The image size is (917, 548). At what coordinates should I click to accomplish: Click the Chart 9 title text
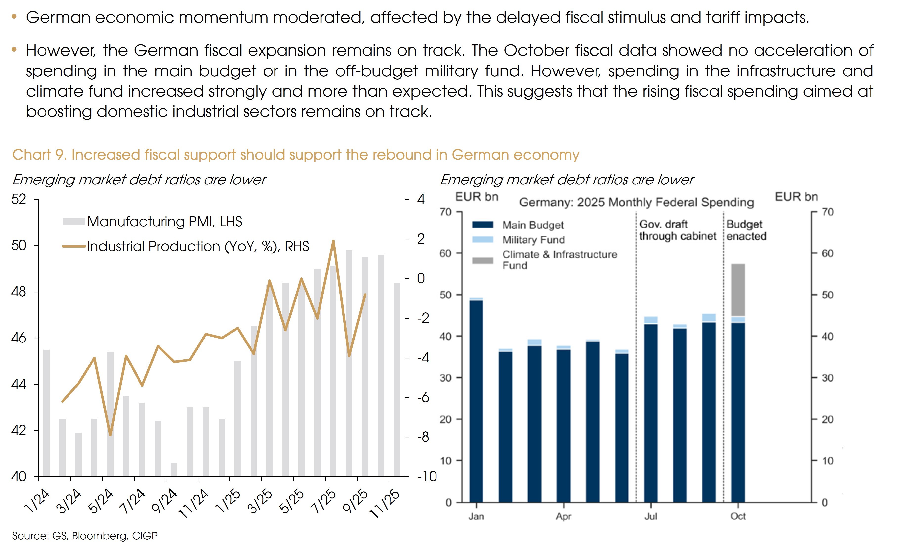tap(296, 155)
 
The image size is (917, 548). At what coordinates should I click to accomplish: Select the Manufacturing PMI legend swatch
tap(74, 222)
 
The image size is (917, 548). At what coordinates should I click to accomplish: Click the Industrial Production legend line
tap(74, 246)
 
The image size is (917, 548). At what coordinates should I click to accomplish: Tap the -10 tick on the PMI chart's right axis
tap(427, 477)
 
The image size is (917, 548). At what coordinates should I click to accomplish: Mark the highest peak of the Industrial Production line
tap(333, 241)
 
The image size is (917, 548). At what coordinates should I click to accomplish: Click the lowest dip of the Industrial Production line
tap(110, 435)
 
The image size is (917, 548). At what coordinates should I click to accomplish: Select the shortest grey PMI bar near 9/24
tap(174, 469)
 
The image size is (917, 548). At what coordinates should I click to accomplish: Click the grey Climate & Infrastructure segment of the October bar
tap(738, 290)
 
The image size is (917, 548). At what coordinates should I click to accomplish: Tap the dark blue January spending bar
tap(476, 401)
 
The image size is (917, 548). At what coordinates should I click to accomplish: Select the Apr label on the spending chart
tap(564, 516)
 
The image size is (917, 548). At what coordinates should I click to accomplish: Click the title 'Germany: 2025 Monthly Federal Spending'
tap(636, 202)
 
